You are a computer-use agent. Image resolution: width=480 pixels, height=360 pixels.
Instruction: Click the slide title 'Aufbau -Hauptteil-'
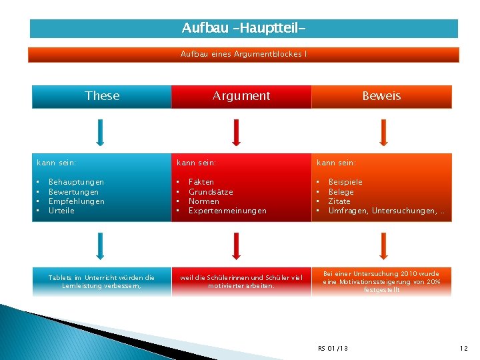tap(244, 29)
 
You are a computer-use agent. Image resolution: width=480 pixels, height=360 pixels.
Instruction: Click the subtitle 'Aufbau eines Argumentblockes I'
tap(243, 54)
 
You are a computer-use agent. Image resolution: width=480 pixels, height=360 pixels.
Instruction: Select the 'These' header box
tap(102, 96)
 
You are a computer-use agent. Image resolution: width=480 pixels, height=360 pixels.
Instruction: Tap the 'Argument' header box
tap(241, 96)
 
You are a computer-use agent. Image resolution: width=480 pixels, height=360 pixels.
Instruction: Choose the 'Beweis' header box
tap(381, 96)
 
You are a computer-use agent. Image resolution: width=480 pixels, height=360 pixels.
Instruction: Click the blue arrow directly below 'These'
tap(100, 132)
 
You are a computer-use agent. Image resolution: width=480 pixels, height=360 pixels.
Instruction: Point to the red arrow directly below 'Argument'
tap(235, 132)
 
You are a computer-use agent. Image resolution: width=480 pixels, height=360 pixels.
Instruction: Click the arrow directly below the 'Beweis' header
tap(383, 132)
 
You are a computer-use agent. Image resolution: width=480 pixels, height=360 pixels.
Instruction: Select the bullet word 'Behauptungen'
tap(76, 182)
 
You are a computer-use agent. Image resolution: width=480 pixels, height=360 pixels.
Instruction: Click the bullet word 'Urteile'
tap(61, 211)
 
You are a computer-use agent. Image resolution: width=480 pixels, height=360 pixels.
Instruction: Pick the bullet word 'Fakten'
tap(201, 182)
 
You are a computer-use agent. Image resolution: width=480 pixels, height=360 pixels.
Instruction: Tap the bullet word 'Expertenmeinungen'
tap(227, 211)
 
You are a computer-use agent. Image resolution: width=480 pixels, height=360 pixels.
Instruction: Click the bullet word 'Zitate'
tap(339, 201)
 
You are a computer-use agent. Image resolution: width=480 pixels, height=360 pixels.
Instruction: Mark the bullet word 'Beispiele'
tap(345, 182)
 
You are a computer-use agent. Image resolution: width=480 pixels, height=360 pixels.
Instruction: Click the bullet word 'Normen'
tap(204, 201)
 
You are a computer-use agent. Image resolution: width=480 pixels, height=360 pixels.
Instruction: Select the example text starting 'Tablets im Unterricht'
tap(101, 281)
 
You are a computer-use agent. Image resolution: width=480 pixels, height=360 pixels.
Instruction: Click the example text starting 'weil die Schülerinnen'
tap(241, 281)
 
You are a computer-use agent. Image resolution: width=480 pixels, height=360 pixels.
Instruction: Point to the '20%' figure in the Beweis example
tap(433, 282)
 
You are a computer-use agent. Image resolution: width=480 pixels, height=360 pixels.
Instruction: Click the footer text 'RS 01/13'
tap(333, 349)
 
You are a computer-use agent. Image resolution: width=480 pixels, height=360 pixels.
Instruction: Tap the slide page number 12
tap(464, 349)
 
